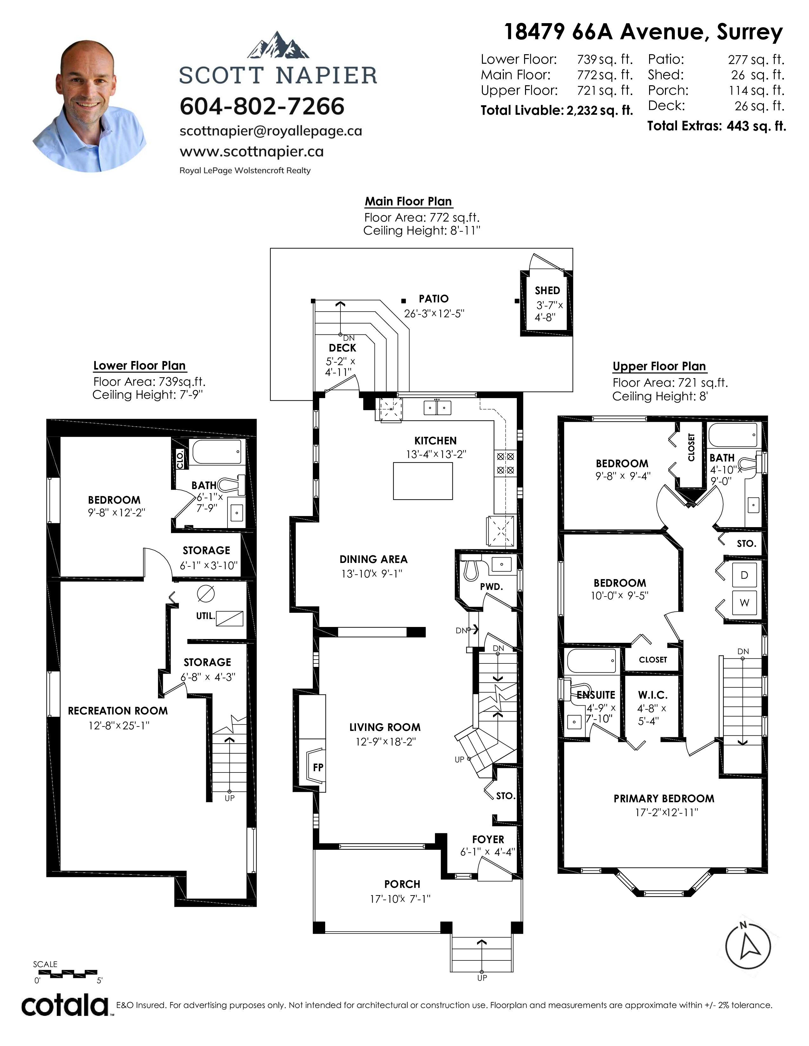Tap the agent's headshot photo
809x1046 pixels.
coord(89,106)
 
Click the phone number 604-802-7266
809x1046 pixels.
coord(262,106)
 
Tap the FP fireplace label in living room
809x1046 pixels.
coord(318,767)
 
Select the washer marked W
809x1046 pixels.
coord(744,603)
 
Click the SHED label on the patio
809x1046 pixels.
coord(547,291)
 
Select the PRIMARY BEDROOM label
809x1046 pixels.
coord(664,798)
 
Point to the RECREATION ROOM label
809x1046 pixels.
coord(118,711)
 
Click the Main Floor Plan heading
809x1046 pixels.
coord(408,201)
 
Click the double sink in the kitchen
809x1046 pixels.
coord(437,408)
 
